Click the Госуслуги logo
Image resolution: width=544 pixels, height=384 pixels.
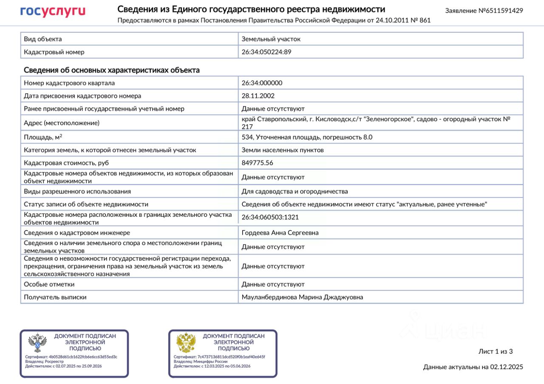click(x=53, y=12)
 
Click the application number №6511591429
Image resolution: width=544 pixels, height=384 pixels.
click(x=484, y=11)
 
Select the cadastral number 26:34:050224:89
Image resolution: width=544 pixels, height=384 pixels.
click(x=266, y=52)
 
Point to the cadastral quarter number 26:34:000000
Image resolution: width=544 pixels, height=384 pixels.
click(x=262, y=83)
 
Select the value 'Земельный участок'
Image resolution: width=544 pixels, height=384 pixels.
click(x=271, y=39)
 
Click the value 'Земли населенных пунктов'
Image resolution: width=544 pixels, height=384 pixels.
click(x=283, y=150)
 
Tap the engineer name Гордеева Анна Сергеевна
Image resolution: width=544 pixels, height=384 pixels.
click(x=280, y=233)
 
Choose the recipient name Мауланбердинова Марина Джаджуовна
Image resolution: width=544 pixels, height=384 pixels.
click(x=302, y=297)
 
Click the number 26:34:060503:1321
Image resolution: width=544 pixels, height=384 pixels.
click(x=270, y=217)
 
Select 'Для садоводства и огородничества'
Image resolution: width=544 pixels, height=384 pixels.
click(x=295, y=191)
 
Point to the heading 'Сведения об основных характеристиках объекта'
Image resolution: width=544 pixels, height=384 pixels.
click(x=111, y=70)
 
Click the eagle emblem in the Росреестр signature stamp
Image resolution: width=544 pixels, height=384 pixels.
click(x=37, y=343)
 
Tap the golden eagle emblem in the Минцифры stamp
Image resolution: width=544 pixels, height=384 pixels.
click(x=186, y=343)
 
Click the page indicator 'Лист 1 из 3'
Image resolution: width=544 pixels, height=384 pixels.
click(x=496, y=351)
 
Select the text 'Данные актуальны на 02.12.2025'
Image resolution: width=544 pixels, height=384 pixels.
click(x=473, y=367)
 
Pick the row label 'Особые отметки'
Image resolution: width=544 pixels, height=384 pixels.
click(x=49, y=284)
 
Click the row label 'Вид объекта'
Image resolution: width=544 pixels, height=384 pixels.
click(x=43, y=39)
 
